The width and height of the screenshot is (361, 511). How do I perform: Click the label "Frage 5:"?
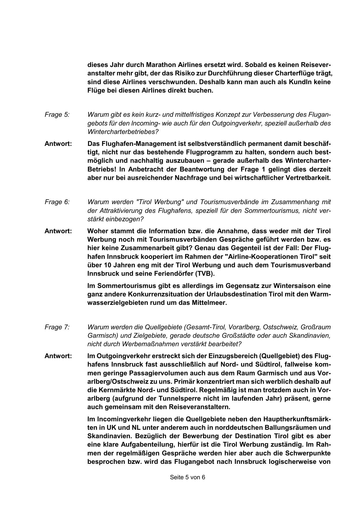[57, 115]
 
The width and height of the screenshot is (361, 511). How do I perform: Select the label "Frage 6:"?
[57, 202]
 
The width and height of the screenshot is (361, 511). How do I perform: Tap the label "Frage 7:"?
[57, 327]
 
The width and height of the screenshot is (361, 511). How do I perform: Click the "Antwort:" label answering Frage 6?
[58, 231]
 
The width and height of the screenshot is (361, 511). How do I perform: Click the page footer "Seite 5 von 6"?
[188, 477]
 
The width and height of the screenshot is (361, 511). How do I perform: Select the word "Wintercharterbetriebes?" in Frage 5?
[123, 132]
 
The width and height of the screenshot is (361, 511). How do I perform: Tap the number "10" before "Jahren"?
[107, 265]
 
